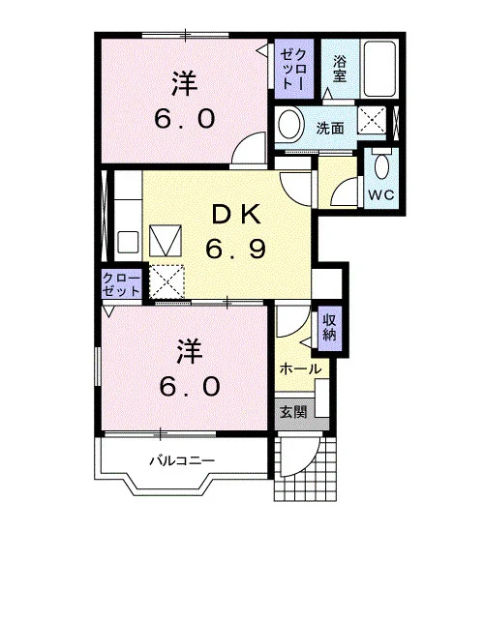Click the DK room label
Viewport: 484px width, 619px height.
(236, 215)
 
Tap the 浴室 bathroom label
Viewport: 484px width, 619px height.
(340, 69)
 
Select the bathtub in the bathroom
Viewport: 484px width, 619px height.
(379, 68)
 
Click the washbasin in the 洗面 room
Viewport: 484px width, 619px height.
(291, 124)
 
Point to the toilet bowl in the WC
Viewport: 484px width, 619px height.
(381, 166)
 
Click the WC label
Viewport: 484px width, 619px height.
(381, 194)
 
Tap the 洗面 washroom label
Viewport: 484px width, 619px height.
(330, 128)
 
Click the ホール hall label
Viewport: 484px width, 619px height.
(300, 369)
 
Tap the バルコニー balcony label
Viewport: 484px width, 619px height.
(182, 460)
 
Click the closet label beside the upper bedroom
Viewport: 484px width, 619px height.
(293, 69)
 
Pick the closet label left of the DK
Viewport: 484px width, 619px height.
(121, 284)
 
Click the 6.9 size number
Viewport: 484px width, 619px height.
(235, 249)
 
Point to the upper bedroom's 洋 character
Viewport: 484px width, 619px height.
(185, 83)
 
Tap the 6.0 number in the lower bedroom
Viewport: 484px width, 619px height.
(190, 386)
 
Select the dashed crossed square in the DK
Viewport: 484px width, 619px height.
(166, 281)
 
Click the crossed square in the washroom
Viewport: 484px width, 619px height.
(372, 120)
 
